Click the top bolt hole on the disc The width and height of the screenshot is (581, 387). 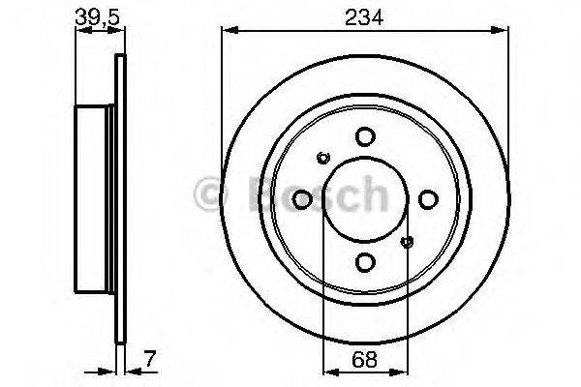click(x=364, y=136)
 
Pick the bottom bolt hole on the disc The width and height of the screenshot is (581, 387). click(x=364, y=261)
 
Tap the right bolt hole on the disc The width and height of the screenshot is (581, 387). click(x=427, y=199)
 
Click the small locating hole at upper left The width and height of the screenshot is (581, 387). click(x=323, y=157)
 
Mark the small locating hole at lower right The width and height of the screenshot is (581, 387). click(x=406, y=242)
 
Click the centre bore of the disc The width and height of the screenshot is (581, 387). click(x=364, y=199)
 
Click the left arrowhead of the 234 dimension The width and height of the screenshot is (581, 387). click(x=229, y=29)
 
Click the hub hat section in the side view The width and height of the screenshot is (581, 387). click(x=96, y=199)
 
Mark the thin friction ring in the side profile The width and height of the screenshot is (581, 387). click(x=120, y=199)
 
